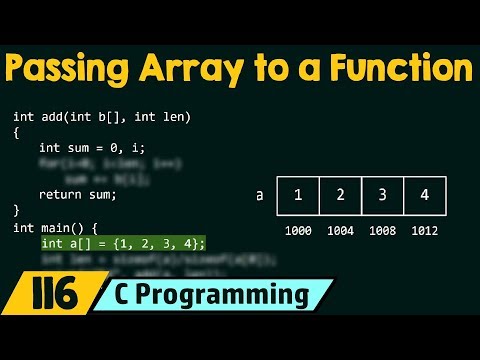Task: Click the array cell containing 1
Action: click(x=298, y=195)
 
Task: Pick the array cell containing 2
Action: click(x=340, y=195)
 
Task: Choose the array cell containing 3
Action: click(x=382, y=195)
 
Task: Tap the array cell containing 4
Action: click(x=424, y=195)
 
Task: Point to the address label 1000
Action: click(x=298, y=231)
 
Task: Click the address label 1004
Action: click(x=340, y=231)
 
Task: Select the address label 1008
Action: click(x=382, y=231)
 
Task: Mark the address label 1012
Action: click(x=424, y=231)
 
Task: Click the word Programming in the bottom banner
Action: click(x=236, y=295)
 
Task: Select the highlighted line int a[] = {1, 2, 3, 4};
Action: click(x=123, y=243)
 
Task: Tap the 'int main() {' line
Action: click(x=57, y=227)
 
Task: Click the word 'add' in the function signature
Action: click(x=52, y=117)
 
